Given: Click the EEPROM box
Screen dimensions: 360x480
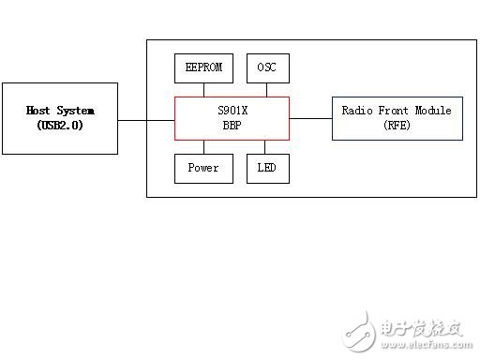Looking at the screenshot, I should [203, 68].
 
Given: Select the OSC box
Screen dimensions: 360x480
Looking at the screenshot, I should [267, 68].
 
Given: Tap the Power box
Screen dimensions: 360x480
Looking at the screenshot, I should [203, 169].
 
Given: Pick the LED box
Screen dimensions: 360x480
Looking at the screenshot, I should [267, 169].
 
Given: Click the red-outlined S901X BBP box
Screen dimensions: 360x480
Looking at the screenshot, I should [232, 118].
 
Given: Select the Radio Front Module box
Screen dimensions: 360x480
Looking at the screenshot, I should [397, 118].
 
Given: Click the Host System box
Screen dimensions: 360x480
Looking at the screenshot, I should [60, 118].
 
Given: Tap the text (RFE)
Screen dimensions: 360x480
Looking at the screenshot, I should [397, 125].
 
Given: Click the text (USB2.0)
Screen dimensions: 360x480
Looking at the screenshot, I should [60, 125].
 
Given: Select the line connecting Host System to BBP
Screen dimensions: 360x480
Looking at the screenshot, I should [146, 119].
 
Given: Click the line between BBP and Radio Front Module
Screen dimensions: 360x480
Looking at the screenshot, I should [310, 119].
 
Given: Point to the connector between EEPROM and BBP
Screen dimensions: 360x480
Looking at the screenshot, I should [203, 89].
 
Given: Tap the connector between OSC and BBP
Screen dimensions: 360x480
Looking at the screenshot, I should [267, 89].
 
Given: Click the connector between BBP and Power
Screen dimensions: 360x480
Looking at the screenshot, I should [203, 147].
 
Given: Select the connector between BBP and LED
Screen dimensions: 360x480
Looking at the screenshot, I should [267, 147].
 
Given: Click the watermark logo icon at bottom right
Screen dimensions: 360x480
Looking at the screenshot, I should [360, 329].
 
